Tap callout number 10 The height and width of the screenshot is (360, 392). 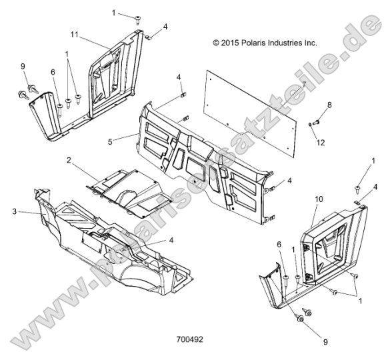tap(318, 199)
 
